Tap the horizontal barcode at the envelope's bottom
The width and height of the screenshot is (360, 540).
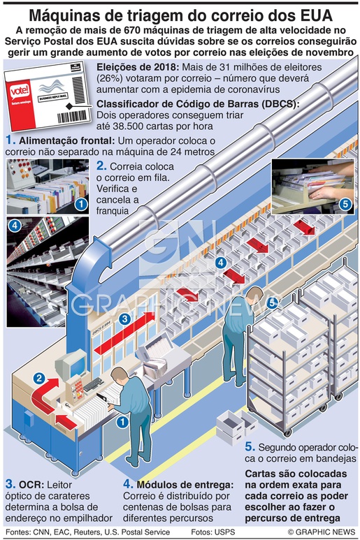point(71,117)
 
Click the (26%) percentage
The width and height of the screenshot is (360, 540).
point(110,78)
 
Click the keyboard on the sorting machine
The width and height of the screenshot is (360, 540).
point(93,385)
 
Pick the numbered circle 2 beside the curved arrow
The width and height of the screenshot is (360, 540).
point(39,379)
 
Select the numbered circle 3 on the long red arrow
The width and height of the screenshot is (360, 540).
point(124,319)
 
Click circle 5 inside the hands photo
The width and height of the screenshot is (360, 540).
point(345,204)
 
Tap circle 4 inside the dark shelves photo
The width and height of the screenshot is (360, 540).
point(15,226)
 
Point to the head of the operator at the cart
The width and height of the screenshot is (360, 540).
point(256,294)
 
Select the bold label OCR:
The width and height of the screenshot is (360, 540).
point(31,485)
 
